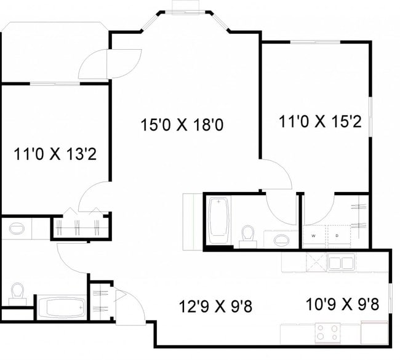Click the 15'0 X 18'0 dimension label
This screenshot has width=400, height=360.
pos(181,125)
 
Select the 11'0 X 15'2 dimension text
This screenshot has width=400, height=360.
pos(319,121)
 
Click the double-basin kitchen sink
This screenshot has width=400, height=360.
pos(340,263)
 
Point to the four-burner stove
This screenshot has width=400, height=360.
pos(328,333)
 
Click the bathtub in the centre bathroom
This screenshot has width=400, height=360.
pos(218,220)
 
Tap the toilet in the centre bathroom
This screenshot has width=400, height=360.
pos(248,236)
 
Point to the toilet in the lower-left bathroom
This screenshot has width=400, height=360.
pos(18,292)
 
